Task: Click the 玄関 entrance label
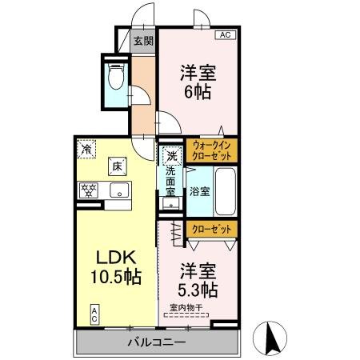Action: tap(143, 40)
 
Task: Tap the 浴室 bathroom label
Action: tap(199, 191)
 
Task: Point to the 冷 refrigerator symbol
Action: tap(86, 148)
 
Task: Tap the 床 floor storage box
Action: tap(116, 166)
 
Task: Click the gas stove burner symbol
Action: tap(87, 190)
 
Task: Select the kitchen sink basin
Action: tap(119, 190)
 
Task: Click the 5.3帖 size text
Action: tap(197, 287)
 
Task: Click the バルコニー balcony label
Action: tap(157, 342)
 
